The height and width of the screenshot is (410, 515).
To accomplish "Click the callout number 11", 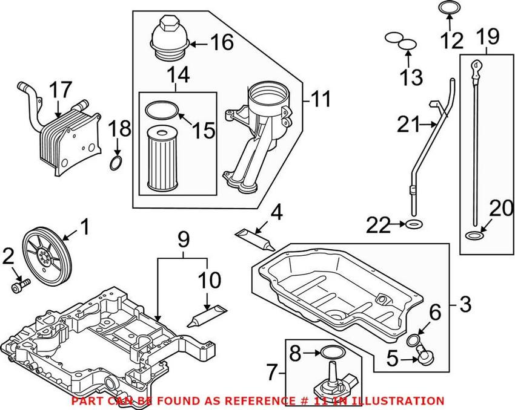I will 321,99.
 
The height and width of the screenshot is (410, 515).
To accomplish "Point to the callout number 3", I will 464,304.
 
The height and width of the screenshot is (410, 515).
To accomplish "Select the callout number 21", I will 408,126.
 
